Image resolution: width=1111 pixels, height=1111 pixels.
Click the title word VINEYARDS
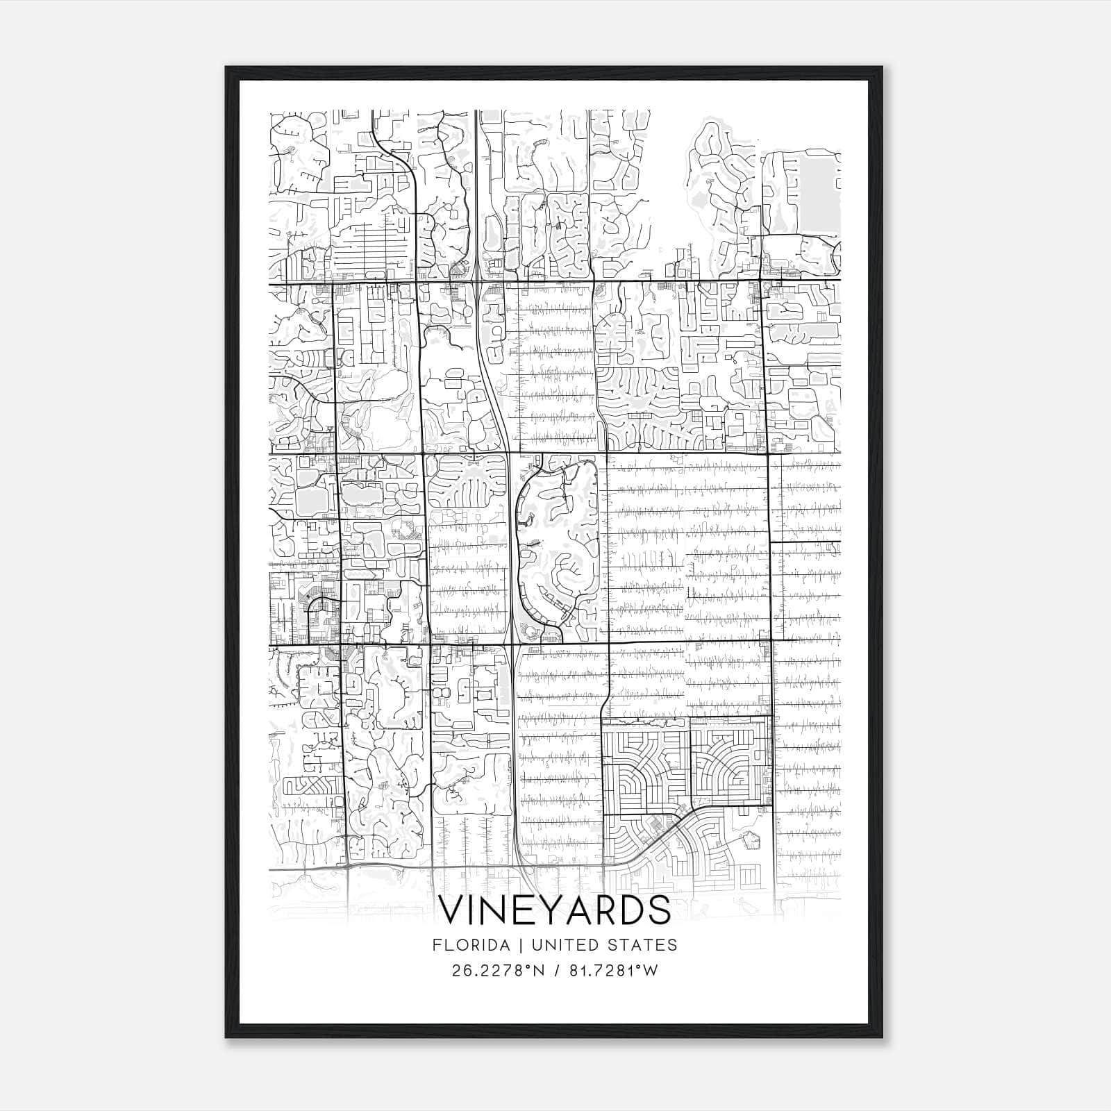pos(555,910)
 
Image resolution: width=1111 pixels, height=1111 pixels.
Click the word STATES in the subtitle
pos(644,945)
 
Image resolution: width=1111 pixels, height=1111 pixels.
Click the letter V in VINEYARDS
pos(453,910)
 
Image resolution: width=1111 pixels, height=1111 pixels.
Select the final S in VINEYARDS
pos(659,910)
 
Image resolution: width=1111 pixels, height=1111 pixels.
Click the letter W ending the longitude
pos(651,971)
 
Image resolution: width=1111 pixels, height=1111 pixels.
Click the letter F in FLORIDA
pos(436,945)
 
